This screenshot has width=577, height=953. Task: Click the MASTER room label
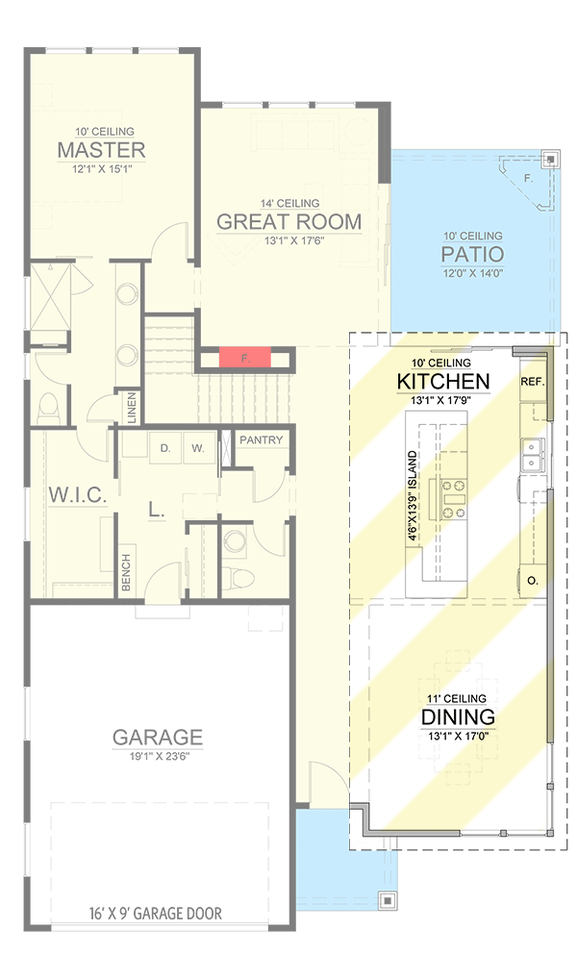point(101,150)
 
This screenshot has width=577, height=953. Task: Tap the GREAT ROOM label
point(288,222)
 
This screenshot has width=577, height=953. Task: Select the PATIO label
point(472,255)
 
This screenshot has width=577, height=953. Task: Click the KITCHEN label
point(443,381)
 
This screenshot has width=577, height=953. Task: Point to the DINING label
point(458,716)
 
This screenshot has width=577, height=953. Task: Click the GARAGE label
point(158,738)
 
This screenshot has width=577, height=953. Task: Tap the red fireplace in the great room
point(244,358)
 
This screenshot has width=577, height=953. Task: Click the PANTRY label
point(262,440)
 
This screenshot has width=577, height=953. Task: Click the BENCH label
point(125,573)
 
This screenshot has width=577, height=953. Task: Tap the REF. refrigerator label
point(533,382)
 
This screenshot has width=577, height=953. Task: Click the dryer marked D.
point(164,448)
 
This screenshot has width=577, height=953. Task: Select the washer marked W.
point(197,448)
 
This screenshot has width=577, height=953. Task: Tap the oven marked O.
point(532,580)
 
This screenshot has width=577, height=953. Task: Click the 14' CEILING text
point(288,203)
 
